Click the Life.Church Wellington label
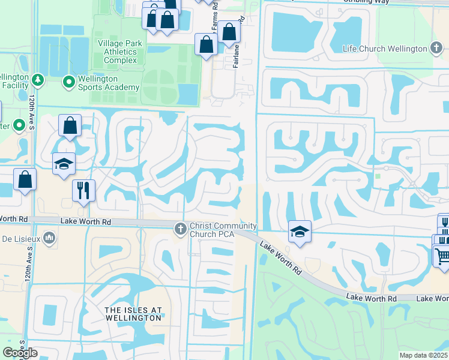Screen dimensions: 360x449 point(386,48)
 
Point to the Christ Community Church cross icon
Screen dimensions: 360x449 point(179,229)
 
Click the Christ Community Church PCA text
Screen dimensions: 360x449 point(223,230)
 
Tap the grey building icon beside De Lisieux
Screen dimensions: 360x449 point(49,239)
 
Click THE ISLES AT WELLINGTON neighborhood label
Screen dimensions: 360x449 point(133,313)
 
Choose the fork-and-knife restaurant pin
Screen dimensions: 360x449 point(83,190)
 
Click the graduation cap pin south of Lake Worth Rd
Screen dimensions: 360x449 point(300,231)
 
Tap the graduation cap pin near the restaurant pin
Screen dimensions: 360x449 point(64,164)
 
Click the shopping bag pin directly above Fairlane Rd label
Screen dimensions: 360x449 point(229,32)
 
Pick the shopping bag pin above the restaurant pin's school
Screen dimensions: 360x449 point(70,126)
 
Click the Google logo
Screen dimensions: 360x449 point(20,353)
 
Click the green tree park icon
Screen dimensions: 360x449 point(37,79)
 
